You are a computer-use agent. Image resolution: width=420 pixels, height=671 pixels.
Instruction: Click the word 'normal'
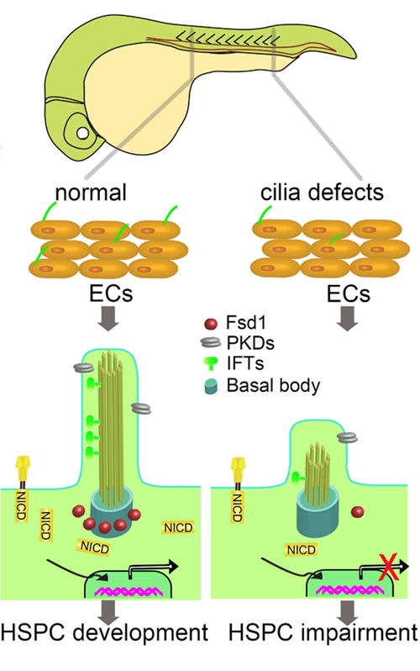tap(91, 193)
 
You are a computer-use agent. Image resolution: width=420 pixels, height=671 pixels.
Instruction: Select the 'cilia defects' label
tap(322, 193)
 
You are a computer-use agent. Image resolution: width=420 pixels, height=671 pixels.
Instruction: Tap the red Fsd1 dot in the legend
tap(212, 324)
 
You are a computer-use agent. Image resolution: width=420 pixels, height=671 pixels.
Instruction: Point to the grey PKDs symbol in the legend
tap(210, 342)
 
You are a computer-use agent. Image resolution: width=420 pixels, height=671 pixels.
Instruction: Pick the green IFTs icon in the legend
tap(211, 363)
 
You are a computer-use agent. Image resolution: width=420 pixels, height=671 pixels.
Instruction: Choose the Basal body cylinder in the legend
tap(211, 386)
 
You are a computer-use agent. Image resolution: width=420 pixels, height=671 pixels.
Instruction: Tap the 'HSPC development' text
tap(105, 633)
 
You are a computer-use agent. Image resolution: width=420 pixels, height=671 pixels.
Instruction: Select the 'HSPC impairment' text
tap(323, 633)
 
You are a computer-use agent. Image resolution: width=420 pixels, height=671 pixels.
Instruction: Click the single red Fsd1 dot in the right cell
tap(357, 511)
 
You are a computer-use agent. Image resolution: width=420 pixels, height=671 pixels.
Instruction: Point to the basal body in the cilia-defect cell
tap(318, 512)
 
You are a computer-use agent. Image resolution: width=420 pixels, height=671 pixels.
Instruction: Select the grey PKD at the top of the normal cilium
tap(84, 367)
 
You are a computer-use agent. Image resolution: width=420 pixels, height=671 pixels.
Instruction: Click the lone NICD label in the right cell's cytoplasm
tap(302, 549)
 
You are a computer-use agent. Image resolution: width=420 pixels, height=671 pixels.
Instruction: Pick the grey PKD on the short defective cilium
tap(347, 437)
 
